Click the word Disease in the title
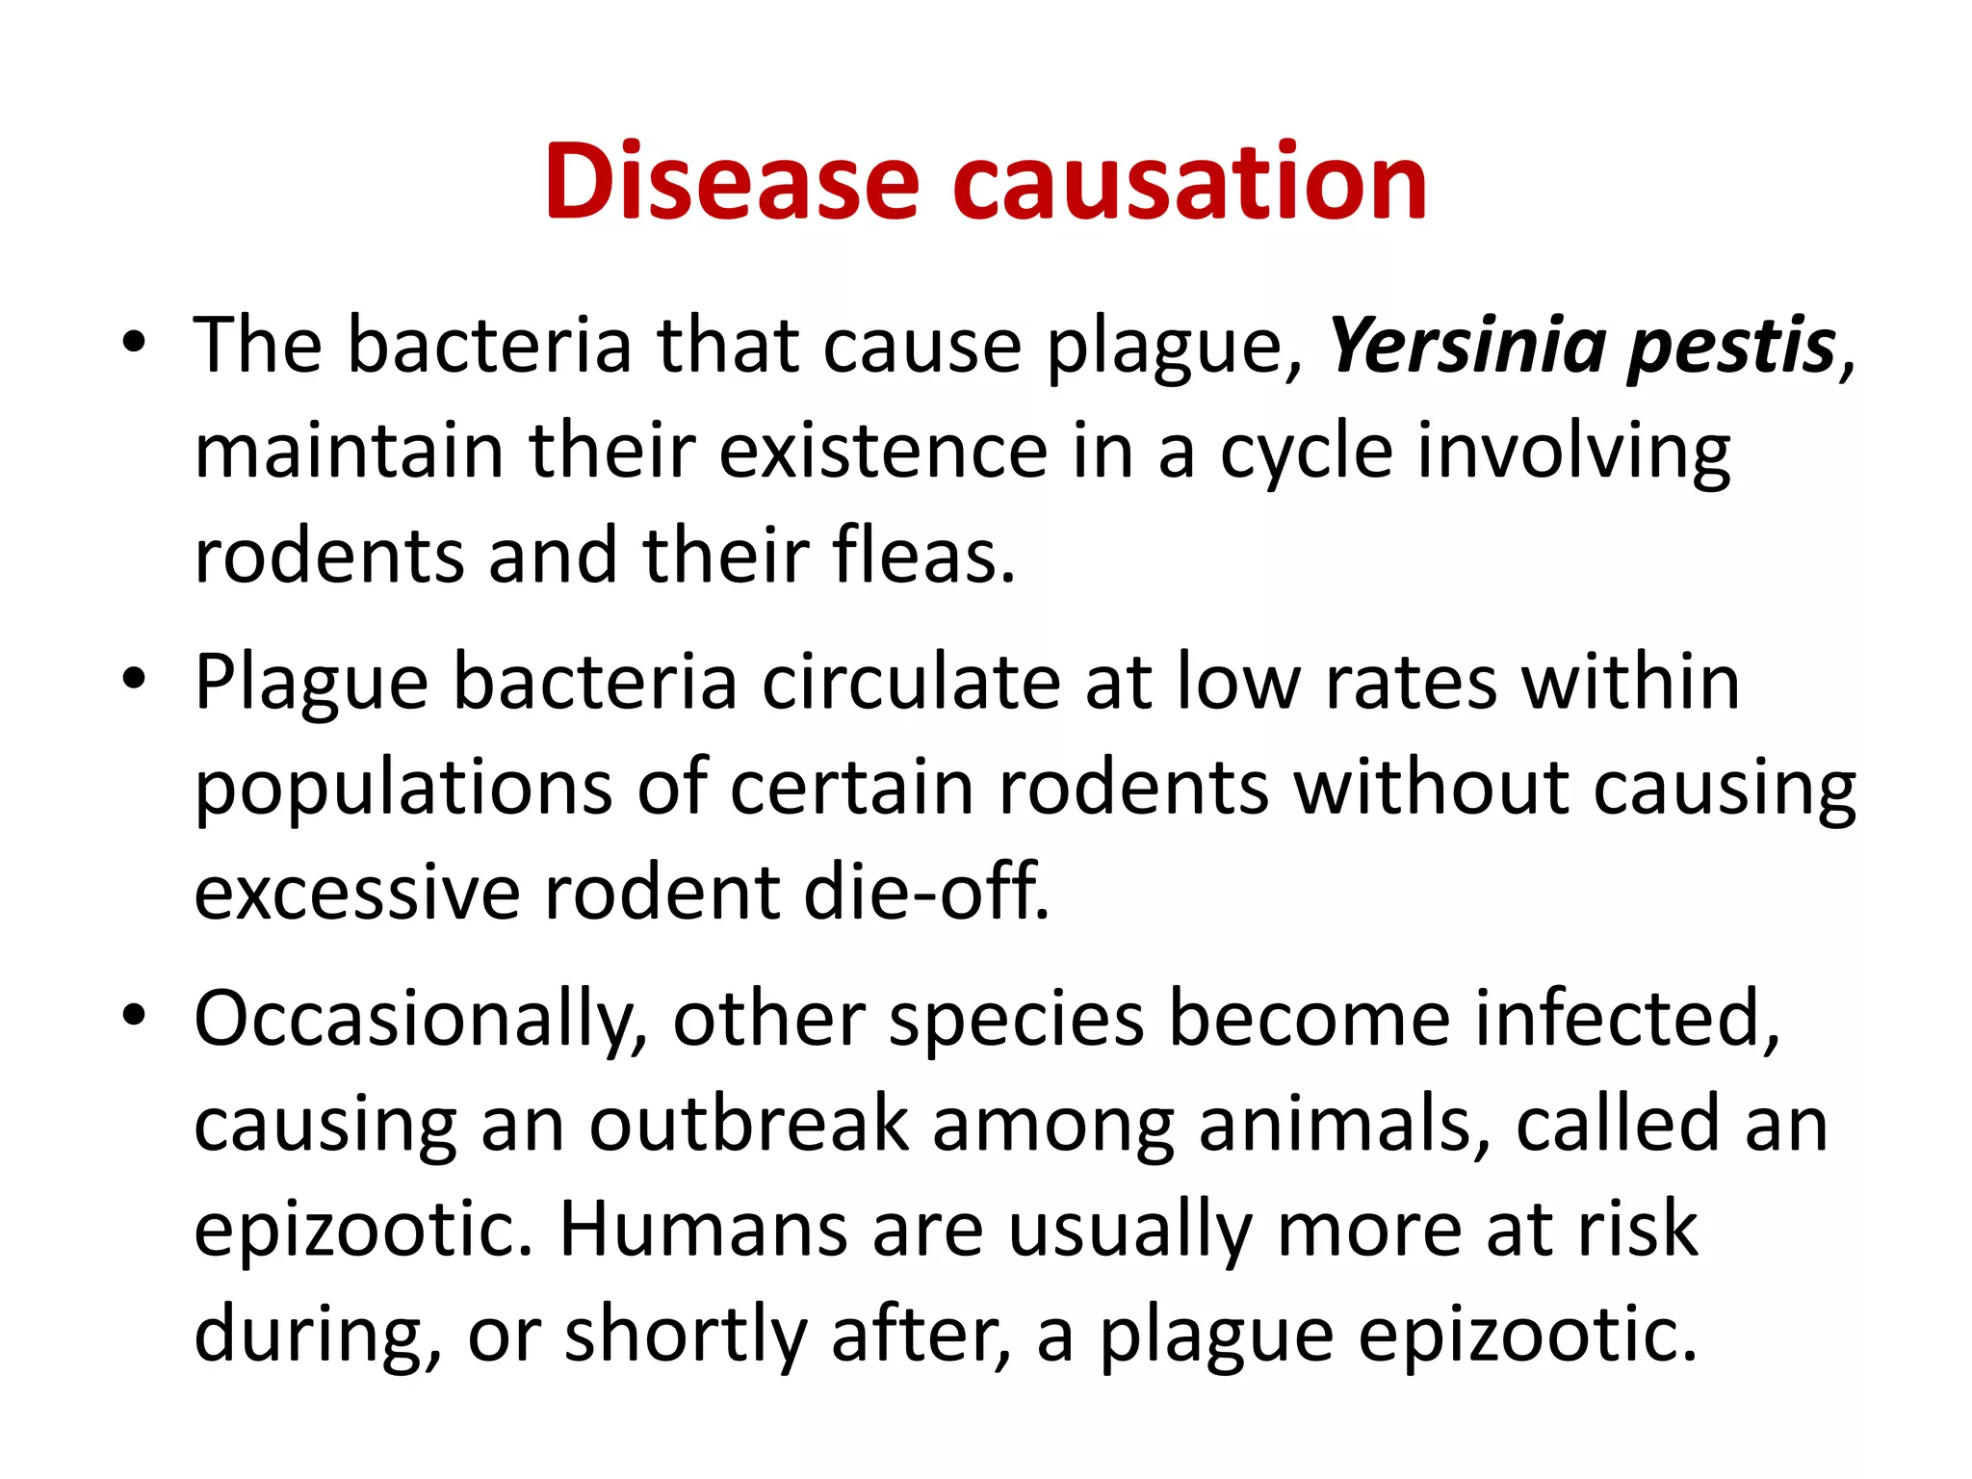732,183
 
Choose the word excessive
357,893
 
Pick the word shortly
685,1336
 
